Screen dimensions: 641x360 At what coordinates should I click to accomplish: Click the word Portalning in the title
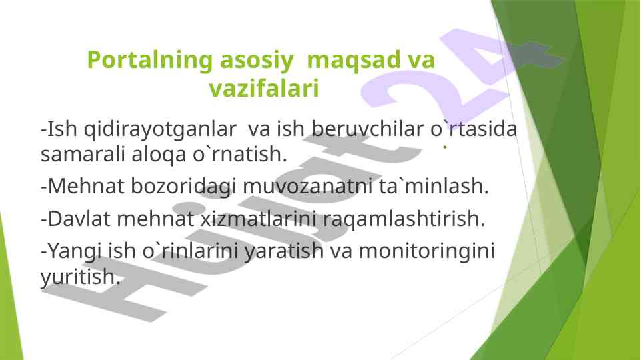coord(150,61)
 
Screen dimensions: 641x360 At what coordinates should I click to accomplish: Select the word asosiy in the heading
coord(257,61)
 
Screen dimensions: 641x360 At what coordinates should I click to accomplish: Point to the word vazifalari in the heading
coord(263,88)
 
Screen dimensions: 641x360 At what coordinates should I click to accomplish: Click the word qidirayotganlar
coord(160,129)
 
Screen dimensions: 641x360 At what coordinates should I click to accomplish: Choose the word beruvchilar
coord(368,129)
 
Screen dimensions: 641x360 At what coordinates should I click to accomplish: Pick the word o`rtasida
coord(474,129)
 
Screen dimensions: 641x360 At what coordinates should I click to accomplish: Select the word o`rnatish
coord(240,154)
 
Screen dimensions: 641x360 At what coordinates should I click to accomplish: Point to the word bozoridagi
coord(183,187)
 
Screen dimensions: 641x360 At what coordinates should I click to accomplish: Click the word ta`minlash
coord(434,186)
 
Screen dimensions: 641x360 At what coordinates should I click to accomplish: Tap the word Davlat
coord(79,219)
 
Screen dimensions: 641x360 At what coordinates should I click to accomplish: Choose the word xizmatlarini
coord(258,219)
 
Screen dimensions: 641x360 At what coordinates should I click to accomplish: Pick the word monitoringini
coord(426,251)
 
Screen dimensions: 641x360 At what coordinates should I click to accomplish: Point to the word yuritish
coord(81,277)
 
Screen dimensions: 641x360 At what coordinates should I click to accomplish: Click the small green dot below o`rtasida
coord(445,146)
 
